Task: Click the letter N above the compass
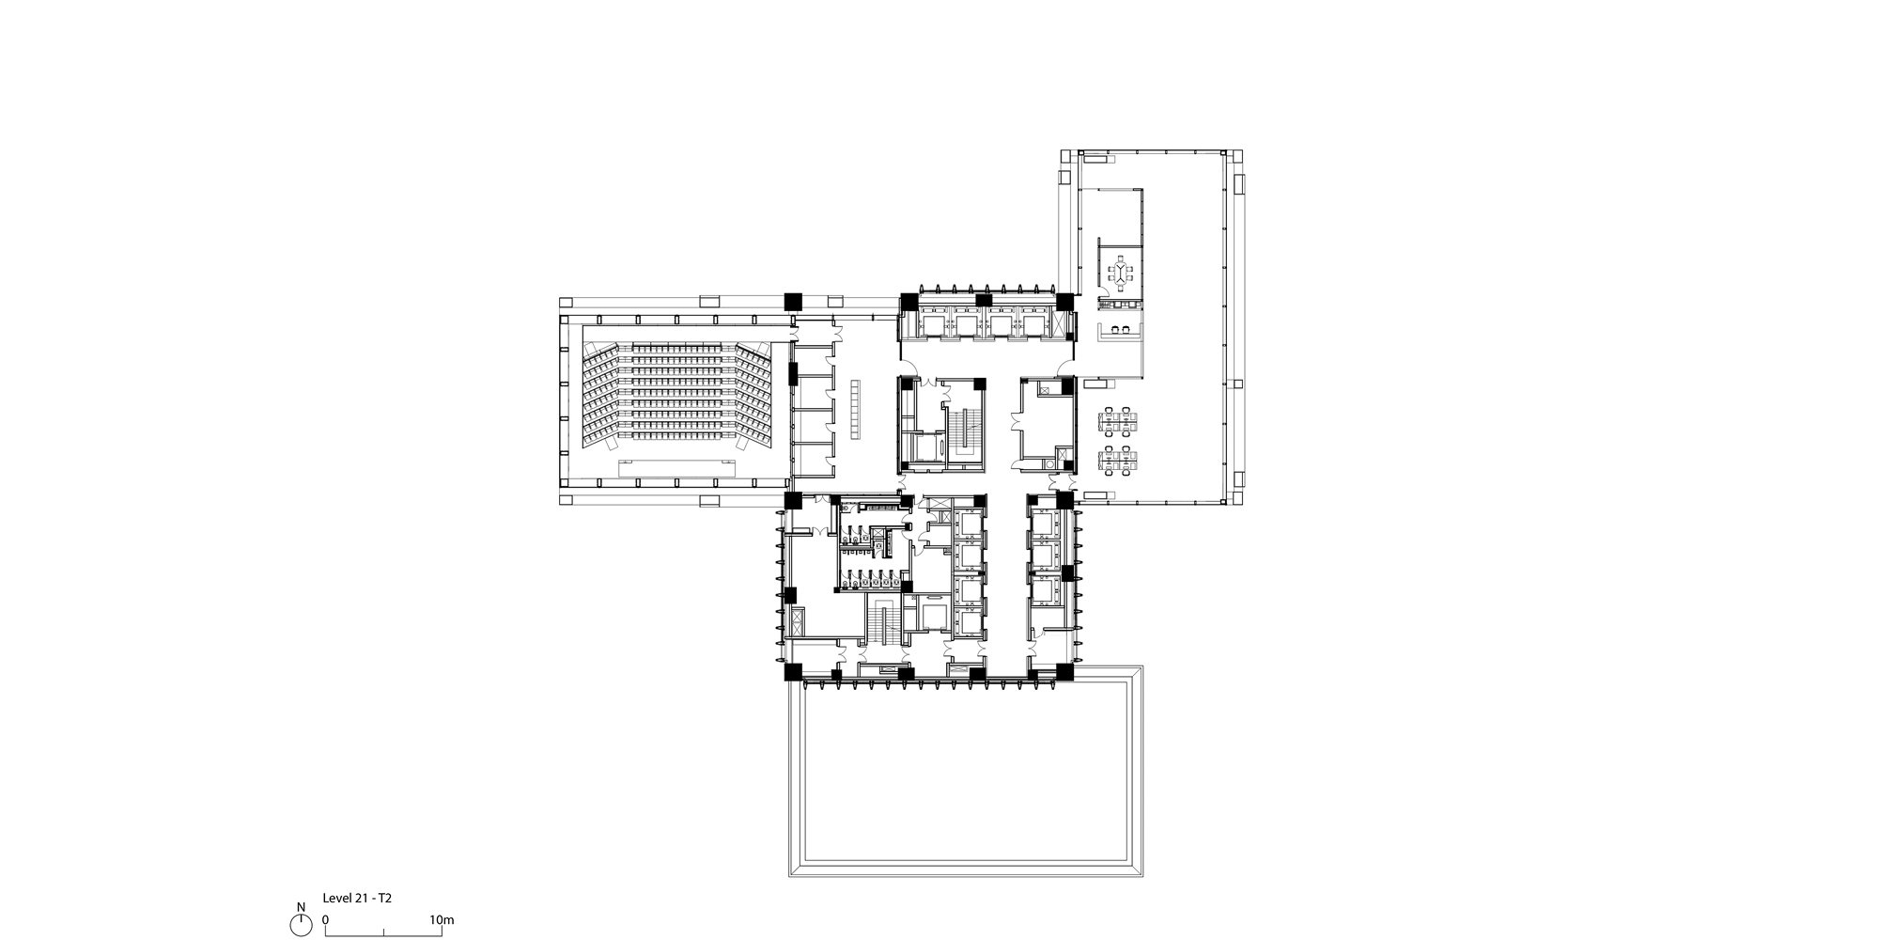pos(301,907)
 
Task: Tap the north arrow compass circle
pos(301,925)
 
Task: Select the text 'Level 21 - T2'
pos(357,899)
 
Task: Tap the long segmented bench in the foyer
pos(855,408)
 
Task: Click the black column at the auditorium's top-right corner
pos(794,301)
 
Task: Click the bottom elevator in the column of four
pos(967,622)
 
